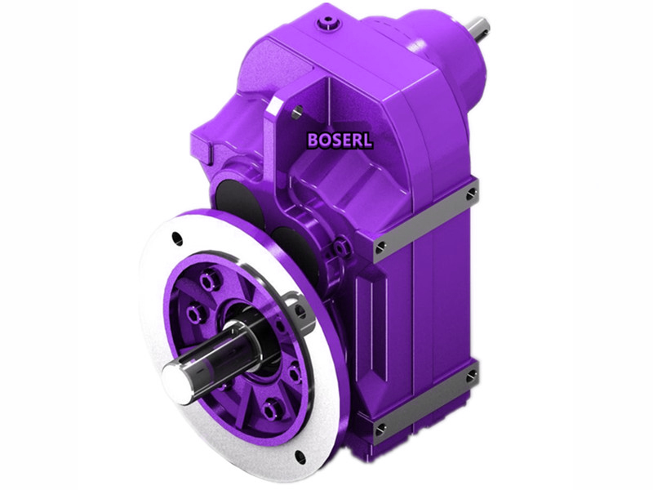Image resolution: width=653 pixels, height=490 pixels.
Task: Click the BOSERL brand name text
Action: pyautogui.click(x=340, y=140)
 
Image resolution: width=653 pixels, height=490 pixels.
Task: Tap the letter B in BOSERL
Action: pyautogui.click(x=313, y=140)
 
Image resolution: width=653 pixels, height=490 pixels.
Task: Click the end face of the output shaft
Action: pyautogui.click(x=175, y=376)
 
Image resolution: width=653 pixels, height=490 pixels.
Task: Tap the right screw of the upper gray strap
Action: pyautogui.click(x=471, y=194)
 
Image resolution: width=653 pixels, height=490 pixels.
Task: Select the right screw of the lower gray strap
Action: pyautogui.click(x=470, y=376)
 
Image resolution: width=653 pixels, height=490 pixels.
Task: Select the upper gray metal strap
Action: pyautogui.click(x=424, y=220)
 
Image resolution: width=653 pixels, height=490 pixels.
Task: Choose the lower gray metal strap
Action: pyautogui.click(x=424, y=403)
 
